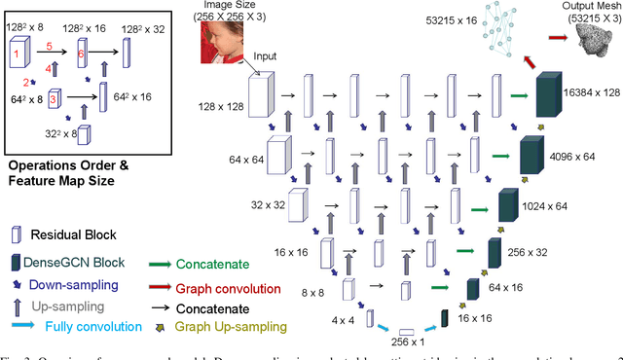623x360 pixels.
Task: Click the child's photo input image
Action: point(227,42)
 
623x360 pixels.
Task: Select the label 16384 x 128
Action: point(592,90)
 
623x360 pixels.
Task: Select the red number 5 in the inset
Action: point(47,46)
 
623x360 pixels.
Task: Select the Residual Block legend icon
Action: point(16,234)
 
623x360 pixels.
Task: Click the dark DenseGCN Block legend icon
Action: point(17,262)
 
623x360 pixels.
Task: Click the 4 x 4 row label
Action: point(343,318)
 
